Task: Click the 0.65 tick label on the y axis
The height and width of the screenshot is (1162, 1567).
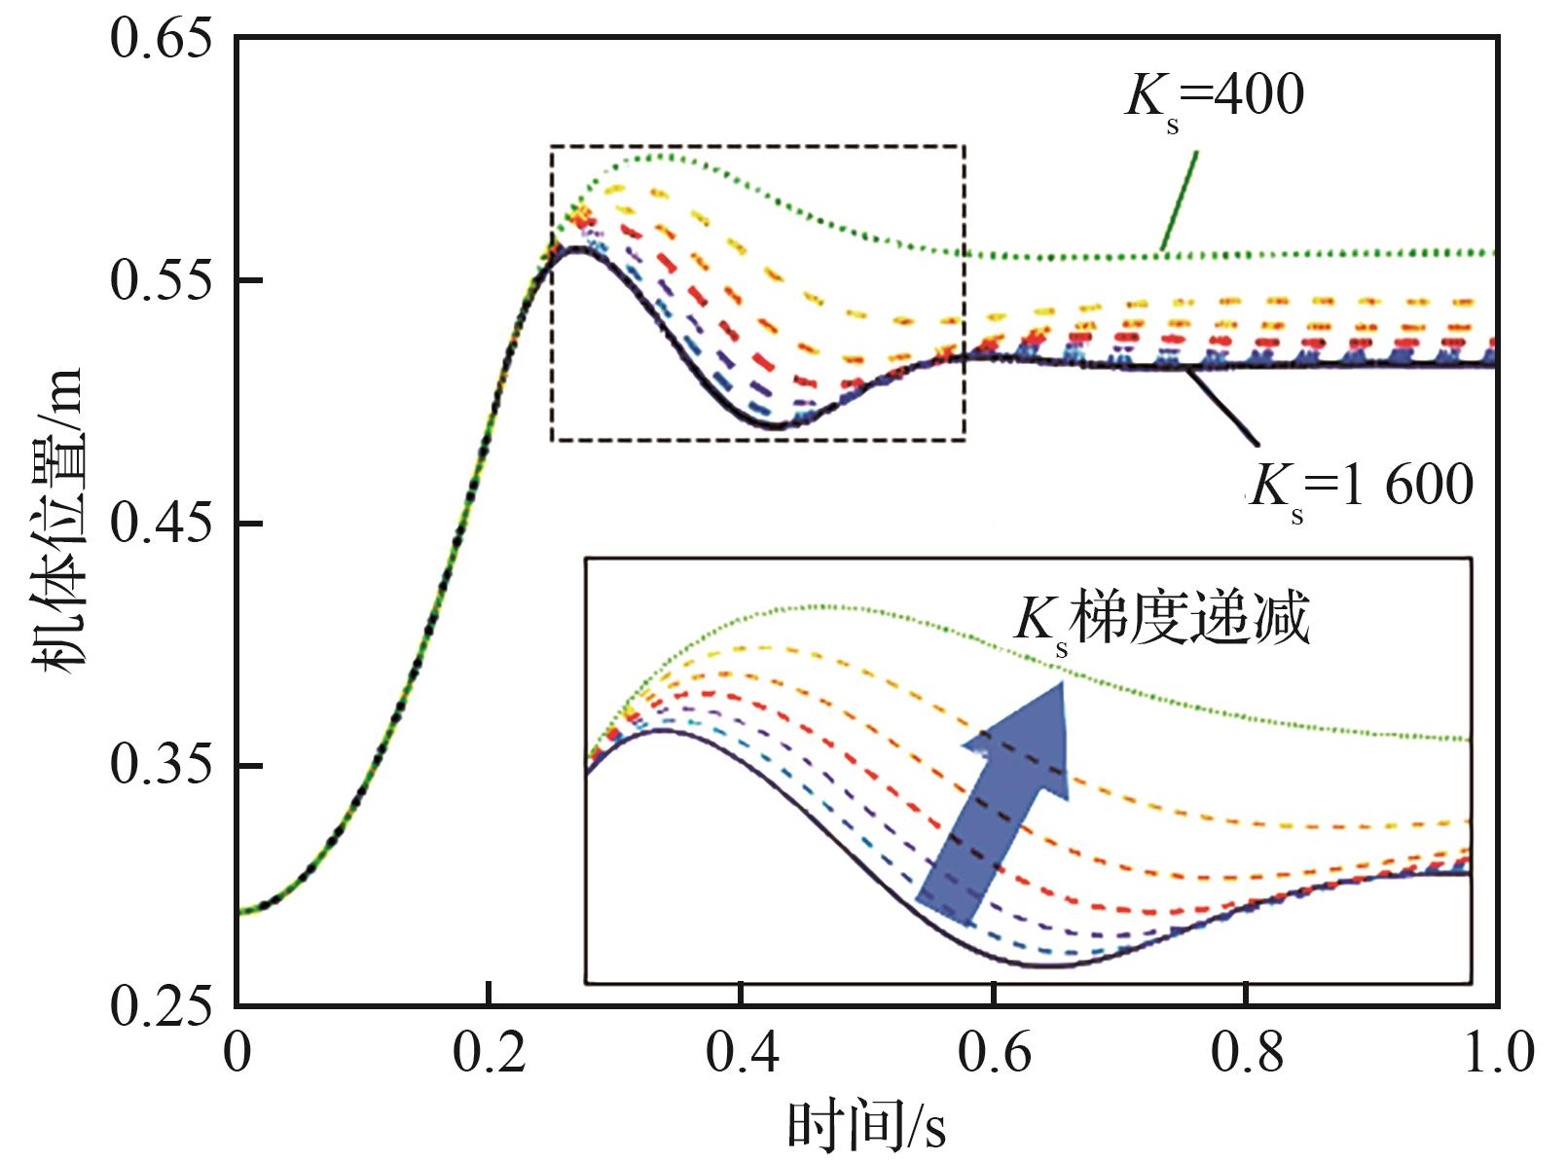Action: click(160, 41)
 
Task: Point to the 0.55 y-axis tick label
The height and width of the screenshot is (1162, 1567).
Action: click(160, 281)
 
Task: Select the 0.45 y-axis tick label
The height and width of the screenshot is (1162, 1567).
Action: click(160, 524)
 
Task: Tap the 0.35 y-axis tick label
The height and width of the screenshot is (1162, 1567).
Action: click(160, 766)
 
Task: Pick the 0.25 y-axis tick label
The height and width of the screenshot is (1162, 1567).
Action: click(160, 1006)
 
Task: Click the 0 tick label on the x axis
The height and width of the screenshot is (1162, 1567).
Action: click(237, 1054)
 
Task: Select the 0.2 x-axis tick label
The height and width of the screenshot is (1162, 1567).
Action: click(489, 1054)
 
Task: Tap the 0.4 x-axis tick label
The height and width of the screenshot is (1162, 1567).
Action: click(741, 1054)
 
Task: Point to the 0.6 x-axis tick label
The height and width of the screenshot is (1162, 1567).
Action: click(994, 1054)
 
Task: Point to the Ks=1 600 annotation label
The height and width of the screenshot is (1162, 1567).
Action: click(1361, 484)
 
